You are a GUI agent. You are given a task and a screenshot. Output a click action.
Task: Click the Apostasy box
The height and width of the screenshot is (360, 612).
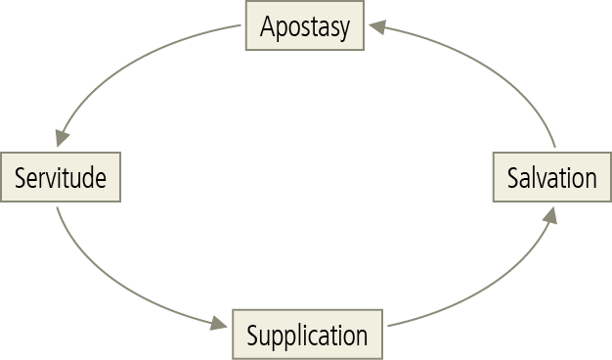[x=305, y=26]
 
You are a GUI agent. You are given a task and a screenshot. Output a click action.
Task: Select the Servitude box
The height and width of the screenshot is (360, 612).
[x=61, y=177]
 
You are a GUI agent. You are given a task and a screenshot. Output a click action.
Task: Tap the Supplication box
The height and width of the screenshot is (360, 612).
[x=307, y=335]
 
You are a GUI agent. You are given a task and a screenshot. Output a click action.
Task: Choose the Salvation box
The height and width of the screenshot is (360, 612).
[x=551, y=177]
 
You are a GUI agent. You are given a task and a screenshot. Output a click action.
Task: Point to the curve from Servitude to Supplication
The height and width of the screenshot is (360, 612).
[x=108, y=280]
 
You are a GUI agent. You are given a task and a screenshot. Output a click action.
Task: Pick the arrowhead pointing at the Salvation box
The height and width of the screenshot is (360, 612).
[x=550, y=216]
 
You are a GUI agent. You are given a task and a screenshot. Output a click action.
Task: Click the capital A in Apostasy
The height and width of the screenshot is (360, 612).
[x=267, y=26]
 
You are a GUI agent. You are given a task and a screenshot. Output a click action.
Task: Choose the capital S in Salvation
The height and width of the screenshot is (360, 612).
[x=512, y=178]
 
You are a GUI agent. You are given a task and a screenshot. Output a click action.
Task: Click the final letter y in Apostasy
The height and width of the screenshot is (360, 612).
[x=343, y=29]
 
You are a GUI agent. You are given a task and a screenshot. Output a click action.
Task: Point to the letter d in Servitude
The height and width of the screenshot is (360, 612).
[x=87, y=178]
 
